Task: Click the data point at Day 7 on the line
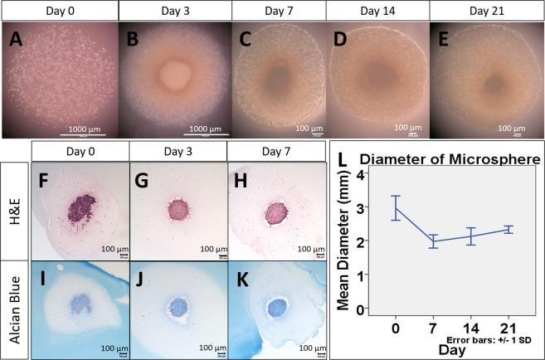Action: click(432, 241)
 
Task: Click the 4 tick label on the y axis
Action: click(361, 175)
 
